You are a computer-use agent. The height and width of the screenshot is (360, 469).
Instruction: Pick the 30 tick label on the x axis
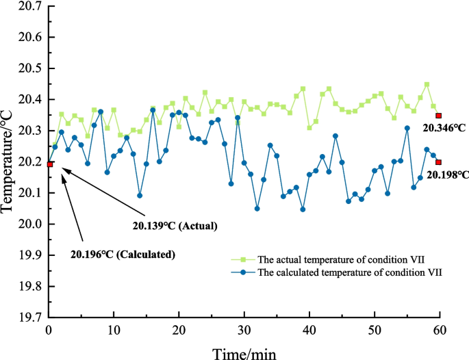click(244, 330)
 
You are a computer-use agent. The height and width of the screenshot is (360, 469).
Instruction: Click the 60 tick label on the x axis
click(440, 330)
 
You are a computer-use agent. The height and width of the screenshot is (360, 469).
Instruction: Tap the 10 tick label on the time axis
click(114, 330)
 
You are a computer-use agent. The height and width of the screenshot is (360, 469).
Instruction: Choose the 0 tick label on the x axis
click(49, 330)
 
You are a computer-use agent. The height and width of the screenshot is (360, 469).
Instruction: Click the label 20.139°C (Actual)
click(174, 224)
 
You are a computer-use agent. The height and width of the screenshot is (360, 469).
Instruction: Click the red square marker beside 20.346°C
click(439, 116)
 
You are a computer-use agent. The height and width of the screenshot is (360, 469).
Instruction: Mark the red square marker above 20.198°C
click(439, 162)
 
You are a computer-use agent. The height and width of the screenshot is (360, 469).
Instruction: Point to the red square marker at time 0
click(49, 164)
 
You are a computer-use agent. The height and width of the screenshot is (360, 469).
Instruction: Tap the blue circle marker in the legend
click(244, 273)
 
